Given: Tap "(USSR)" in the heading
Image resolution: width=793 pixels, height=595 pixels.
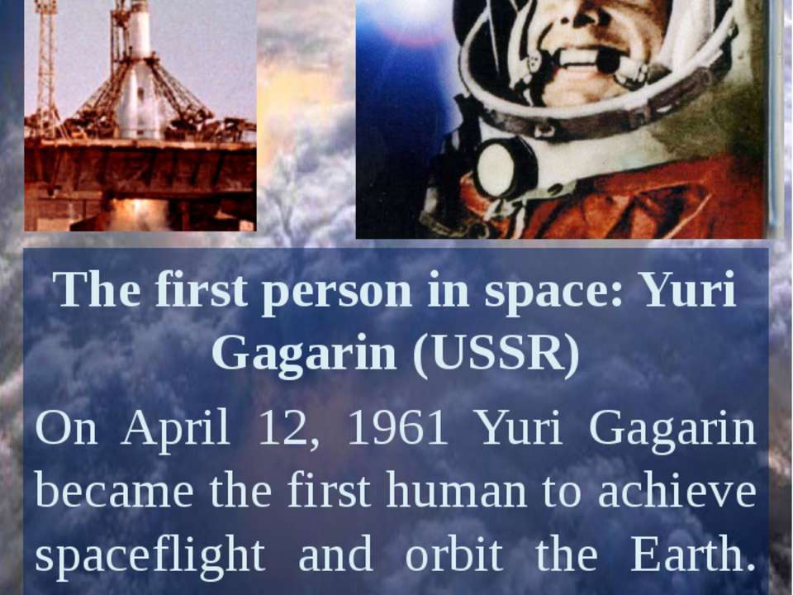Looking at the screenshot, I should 496,354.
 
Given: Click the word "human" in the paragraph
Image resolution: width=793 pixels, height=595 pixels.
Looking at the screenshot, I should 455,492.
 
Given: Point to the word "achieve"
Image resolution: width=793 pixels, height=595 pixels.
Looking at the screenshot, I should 677,492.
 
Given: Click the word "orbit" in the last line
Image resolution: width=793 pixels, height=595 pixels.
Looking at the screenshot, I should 453,555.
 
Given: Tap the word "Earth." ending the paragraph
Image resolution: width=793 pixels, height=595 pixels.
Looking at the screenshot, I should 693,555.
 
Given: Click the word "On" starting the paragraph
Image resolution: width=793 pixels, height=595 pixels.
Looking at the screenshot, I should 66,429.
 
